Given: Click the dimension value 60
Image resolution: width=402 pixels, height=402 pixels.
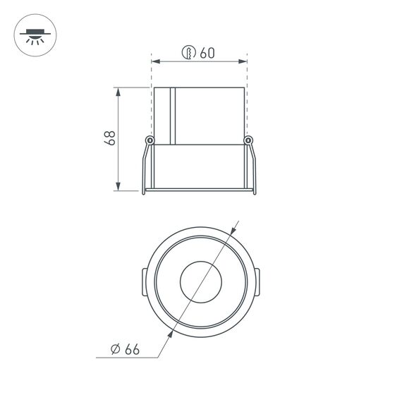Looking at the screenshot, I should (207, 52).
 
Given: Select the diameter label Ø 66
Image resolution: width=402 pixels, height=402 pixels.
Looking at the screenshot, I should (126, 349).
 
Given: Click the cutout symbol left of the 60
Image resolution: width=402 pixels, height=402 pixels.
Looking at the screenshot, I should (188, 52).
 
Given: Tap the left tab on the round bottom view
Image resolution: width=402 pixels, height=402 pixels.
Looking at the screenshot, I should (142, 282).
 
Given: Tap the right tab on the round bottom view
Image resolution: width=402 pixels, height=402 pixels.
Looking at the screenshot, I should (257, 282).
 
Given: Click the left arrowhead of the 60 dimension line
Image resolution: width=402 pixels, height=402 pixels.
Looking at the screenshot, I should (156, 62).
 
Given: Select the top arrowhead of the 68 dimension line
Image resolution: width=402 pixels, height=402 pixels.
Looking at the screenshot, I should (118, 91).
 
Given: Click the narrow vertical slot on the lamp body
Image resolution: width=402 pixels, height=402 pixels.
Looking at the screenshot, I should (172, 116).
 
